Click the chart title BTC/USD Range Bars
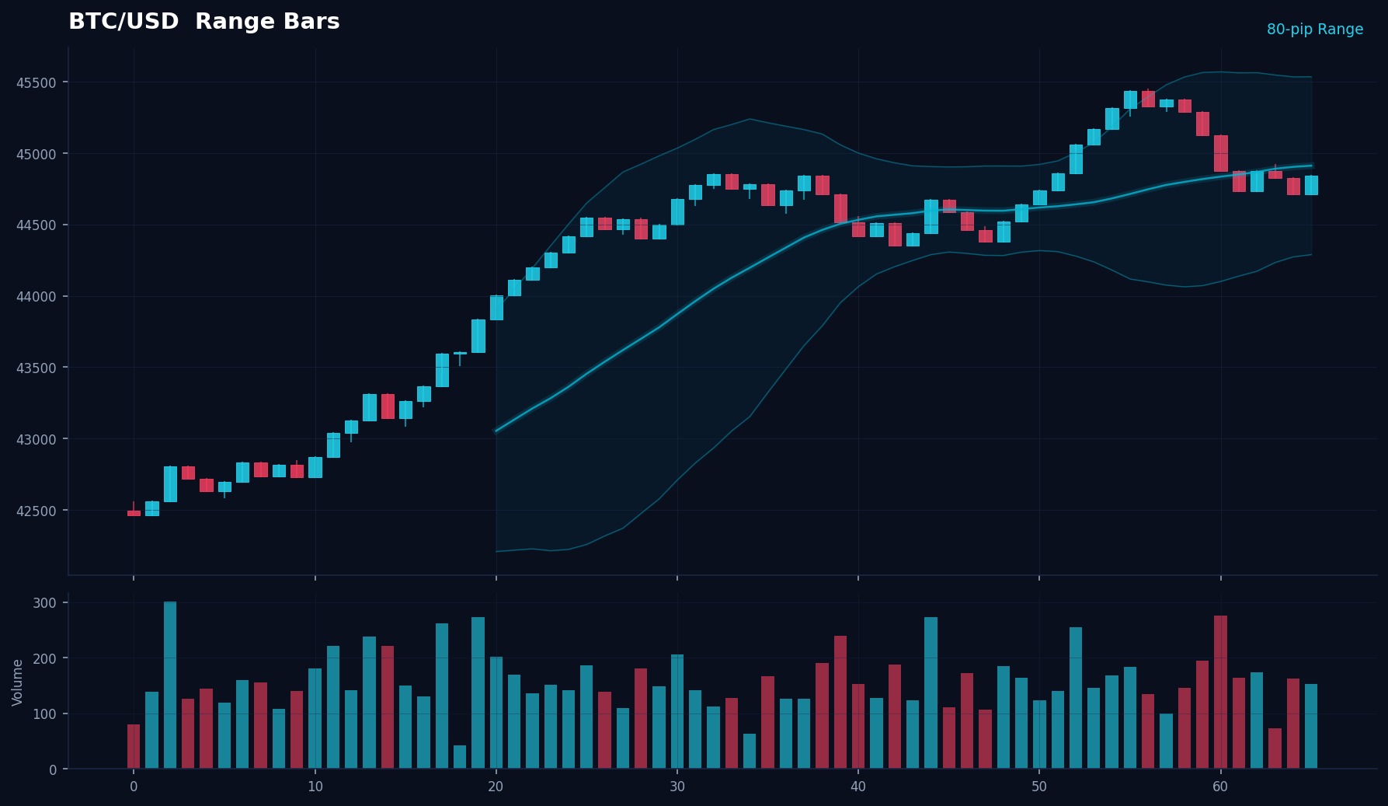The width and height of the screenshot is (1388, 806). tap(204, 22)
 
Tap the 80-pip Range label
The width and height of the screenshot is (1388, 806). tap(1314, 30)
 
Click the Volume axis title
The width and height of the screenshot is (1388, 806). tap(17, 682)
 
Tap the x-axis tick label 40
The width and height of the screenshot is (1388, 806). tap(857, 787)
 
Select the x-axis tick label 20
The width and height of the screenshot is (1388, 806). tap(496, 787)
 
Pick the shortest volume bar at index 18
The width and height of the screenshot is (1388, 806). tap(460, 757)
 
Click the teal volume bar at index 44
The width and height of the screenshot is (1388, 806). tap(931, 693)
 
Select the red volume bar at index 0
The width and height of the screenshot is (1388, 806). tap(134, 747)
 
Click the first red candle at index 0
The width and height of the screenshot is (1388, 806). tap(134, 513)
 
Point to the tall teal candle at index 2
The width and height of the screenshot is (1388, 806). tap(170, 484)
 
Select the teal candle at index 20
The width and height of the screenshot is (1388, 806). tap(496, 308)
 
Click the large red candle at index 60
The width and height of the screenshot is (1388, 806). tap(1220, 153)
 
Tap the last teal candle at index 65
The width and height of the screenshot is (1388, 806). tap(1311, 185)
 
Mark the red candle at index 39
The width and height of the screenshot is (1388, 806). tap(840, 208)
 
